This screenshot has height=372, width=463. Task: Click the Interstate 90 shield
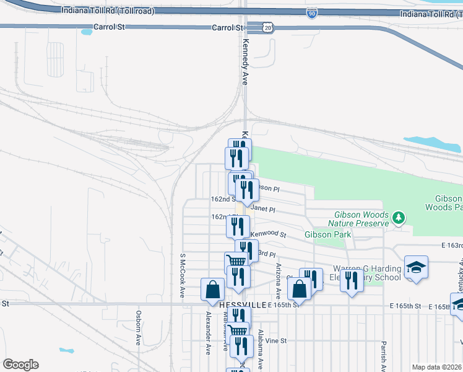(311, 13)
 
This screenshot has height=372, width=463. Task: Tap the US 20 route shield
(266, 28)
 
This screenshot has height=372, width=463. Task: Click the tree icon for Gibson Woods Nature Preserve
(399, 218)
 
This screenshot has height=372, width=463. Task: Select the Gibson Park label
(328, 234)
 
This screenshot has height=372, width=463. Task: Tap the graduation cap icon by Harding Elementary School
(417, 267)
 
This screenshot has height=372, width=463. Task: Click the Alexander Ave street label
(209, 332)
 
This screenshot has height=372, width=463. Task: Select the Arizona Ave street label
(278, 277)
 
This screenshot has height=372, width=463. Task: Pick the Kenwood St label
(269, 235)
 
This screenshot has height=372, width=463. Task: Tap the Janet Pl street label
(262, 210)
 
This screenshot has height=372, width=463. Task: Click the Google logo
(20, 365)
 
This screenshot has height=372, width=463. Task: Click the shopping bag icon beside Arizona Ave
(299, 288)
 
